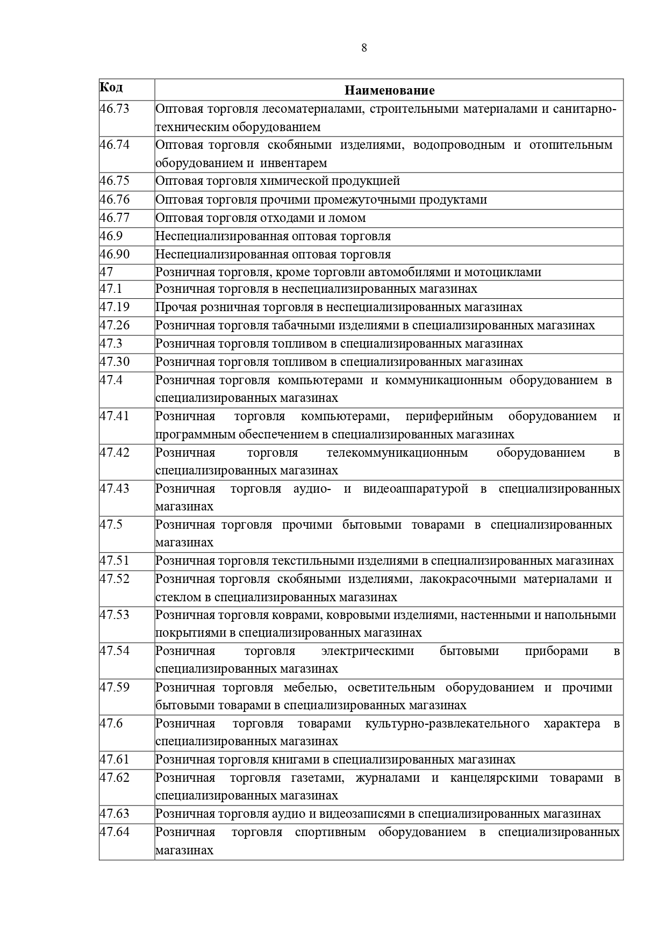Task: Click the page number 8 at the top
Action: coord(364,48)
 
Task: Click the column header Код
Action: coord(111,87)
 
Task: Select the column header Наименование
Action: coord(389,90)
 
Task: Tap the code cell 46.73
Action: coord(114,109)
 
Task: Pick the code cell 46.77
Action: coord(114,218)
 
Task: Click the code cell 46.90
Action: coord(114,254)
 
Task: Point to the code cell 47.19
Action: coord(114,307)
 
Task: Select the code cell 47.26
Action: coord(114,325)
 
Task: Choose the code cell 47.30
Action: coord(114,362)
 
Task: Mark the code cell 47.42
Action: coord(114,452)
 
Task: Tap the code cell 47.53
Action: coord(114,615)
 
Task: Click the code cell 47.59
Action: coord(114,687)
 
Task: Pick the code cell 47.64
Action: coord(114,832)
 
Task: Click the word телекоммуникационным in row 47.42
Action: coord(397,453)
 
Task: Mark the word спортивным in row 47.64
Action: coord(330,832)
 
